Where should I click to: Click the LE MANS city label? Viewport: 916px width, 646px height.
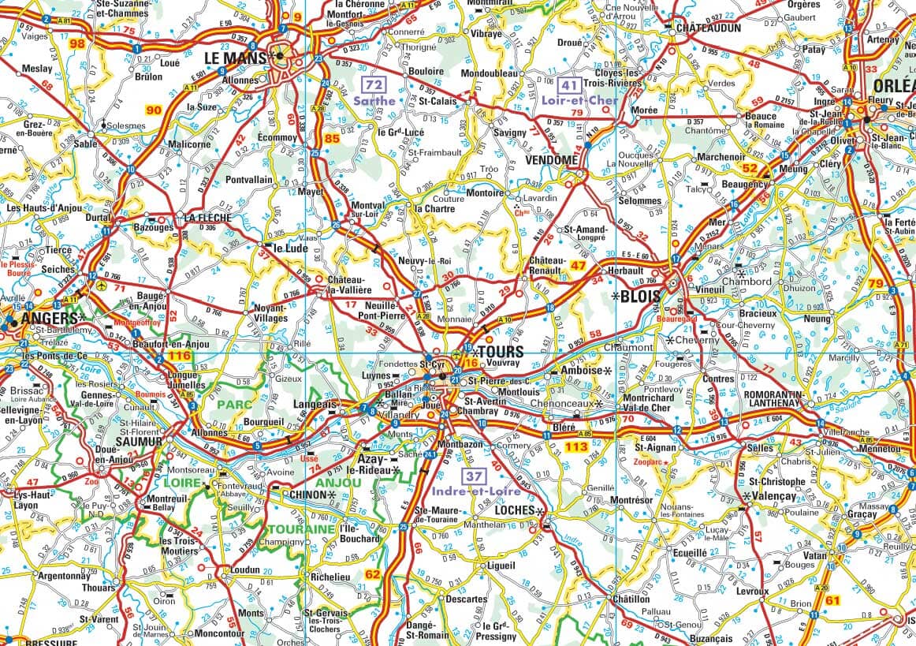click(x=234, y=58)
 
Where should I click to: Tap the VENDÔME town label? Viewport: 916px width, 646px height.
click(x=551, y=159)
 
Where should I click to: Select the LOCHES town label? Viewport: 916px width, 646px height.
click(x=514, y=510)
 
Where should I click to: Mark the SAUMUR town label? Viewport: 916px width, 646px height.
click(x=138, y=442)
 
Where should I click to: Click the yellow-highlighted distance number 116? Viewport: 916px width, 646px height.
click(x=180, y=357)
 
